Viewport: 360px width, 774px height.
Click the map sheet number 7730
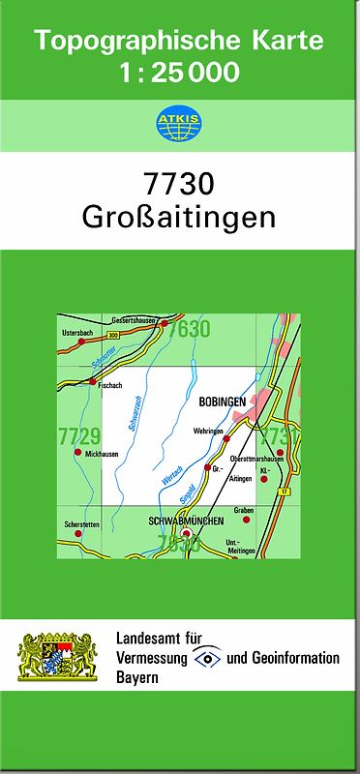[179, 183]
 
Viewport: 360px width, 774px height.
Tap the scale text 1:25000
[179, 73]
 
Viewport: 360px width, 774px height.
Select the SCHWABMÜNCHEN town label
[186, 521]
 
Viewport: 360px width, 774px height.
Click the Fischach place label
[110, 384]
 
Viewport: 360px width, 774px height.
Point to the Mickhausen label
[100, 453]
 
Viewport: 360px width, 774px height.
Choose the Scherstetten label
[81, 524]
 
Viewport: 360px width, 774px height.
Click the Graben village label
[244, 509]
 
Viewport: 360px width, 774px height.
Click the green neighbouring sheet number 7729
[79, 436]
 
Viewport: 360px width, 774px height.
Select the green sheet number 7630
[188, 330]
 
